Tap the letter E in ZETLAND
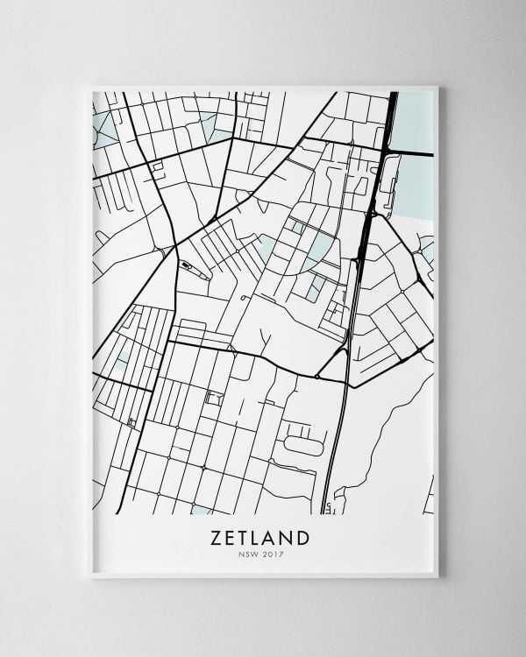[x=234, y=535]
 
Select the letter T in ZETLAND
[x=250, y=535]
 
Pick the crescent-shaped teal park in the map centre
[x=320, y=249]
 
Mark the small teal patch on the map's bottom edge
[x=201, y=509]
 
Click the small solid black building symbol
[x=187, y=264]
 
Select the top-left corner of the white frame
[x=91, y=87]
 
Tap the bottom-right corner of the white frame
[x=437, y=576]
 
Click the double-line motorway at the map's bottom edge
[x=327, y=504]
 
